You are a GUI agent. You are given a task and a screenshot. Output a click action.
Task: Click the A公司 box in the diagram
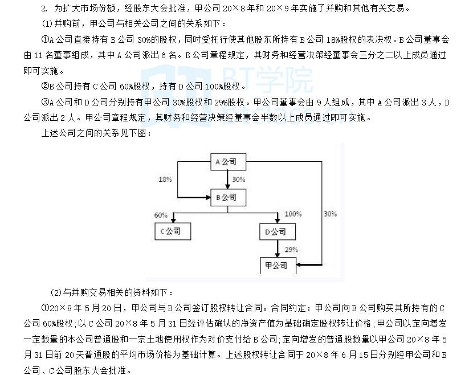229,163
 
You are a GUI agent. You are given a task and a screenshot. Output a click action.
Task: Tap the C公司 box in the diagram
172,231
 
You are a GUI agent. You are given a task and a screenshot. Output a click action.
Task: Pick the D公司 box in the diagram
278,231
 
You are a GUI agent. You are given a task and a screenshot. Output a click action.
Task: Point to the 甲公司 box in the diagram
278,266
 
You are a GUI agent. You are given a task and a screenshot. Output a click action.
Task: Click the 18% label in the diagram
165,180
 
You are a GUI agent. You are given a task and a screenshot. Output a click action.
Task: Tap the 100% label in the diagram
293,214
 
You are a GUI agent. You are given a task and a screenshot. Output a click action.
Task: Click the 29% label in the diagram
292,250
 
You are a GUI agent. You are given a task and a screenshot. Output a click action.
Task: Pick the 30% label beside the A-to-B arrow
239,180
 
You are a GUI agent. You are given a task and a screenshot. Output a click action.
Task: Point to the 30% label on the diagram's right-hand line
330,214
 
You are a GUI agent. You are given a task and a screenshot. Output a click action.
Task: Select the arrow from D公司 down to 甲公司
278,248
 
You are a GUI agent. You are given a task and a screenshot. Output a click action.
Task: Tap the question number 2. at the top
44,9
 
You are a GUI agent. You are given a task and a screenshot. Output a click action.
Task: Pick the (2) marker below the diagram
56,293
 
